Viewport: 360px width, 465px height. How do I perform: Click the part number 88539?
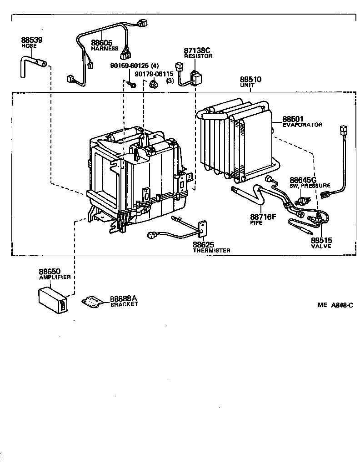31,40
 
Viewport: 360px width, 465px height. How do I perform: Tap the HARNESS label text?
105,49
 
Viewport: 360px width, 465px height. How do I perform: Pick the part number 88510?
250,79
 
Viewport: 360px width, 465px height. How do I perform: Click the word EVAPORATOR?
302,125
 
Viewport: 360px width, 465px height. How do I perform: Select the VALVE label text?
321,246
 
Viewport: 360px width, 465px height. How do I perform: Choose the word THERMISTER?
211,250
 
